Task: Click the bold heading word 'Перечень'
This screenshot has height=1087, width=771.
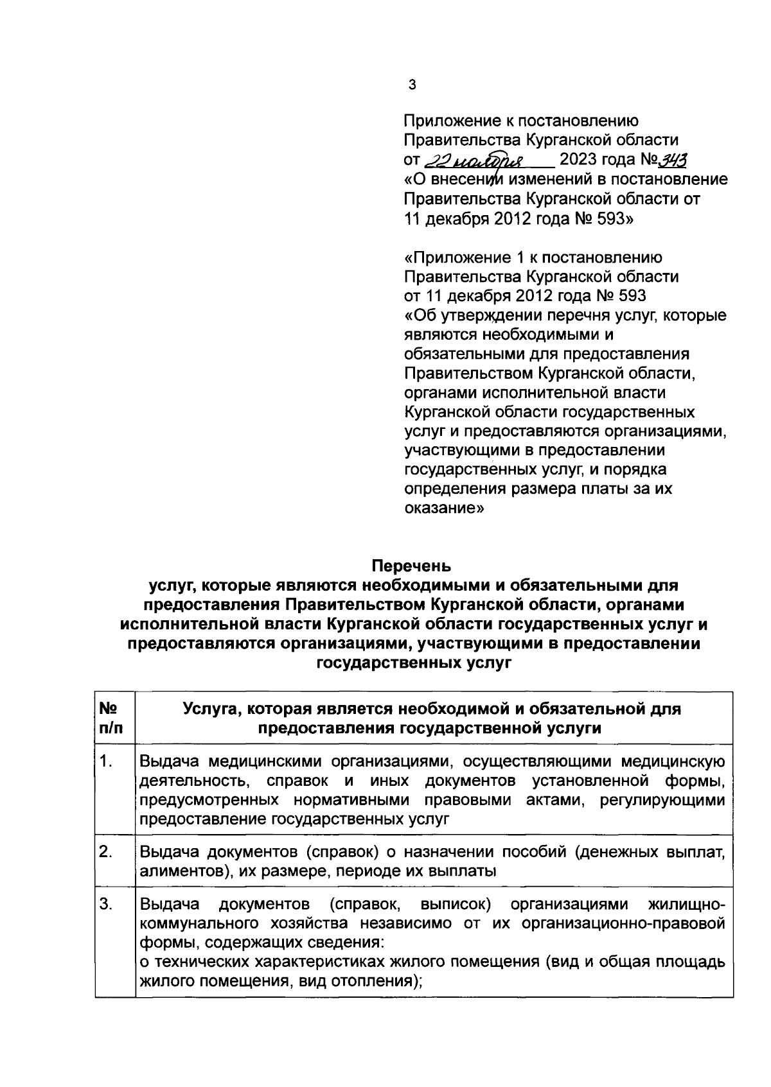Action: tap(412, 566)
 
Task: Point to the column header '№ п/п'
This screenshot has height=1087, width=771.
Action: tap(109, 718)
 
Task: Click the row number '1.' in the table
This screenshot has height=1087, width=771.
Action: tap(107, 762)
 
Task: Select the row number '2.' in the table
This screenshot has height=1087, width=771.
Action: tap(107, 853)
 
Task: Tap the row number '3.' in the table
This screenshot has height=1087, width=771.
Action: tap(107, 905)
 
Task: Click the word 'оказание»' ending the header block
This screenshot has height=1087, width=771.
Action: tap(444, 508)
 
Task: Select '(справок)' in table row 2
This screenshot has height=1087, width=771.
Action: tap(342, 853)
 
